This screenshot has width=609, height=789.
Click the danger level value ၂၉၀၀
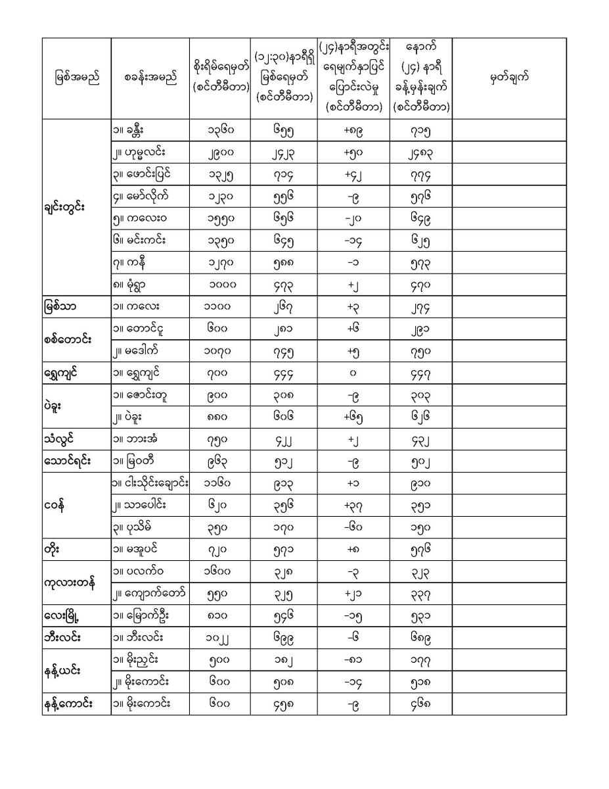click(x=220, y=153)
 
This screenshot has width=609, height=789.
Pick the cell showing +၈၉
click(x=353, y=130)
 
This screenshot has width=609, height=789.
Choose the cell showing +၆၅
click(x=353, y=417)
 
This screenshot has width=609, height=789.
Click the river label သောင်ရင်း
click(x=68, y=461)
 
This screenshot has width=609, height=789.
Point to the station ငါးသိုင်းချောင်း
click(x=150, y=483)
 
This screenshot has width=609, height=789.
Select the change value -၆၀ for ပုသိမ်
click(x=353, y=527)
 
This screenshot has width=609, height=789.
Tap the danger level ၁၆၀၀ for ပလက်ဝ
click(x=220, y=571)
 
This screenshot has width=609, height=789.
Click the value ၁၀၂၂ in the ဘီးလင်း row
click(x=220, y=637)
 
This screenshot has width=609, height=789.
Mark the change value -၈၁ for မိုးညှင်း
click(x=353, y=659)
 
